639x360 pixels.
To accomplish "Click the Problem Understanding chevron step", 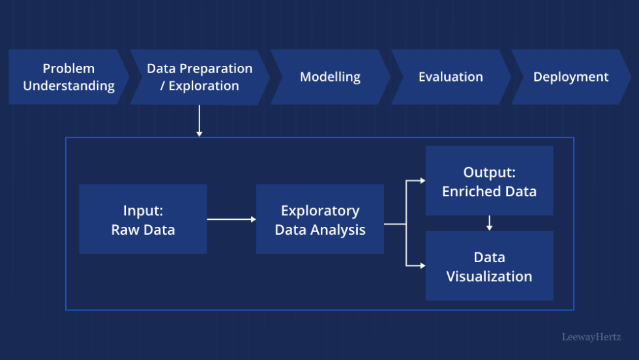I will tap(68, 77).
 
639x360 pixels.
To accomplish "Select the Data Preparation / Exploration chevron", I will tap(200, 77).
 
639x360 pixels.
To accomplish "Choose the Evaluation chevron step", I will tap(451, 77).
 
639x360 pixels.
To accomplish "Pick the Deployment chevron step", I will tap(571, 77).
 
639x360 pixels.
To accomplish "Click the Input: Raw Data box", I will tap(143, 219).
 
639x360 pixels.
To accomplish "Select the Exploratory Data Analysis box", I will tap(319, 219).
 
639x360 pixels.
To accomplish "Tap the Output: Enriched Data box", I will tap(489, 181).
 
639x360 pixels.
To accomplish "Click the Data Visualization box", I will tap(489, 265).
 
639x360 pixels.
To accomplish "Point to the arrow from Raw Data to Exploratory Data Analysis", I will tap(231, 219).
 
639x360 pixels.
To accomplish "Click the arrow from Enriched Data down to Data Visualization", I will tap(489, 223).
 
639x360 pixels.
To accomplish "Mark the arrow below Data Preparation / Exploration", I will tap(200, 121).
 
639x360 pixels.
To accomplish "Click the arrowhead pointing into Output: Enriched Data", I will tap(422, 181).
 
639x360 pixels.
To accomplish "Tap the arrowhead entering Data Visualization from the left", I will tap(422, 265).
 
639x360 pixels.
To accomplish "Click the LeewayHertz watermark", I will tap(591, 337).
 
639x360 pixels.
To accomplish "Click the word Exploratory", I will tap(319, 211).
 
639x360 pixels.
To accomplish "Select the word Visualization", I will tap(489, 276).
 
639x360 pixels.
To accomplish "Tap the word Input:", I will tap(143, 211).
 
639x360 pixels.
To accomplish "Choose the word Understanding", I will tap(68, 85).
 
